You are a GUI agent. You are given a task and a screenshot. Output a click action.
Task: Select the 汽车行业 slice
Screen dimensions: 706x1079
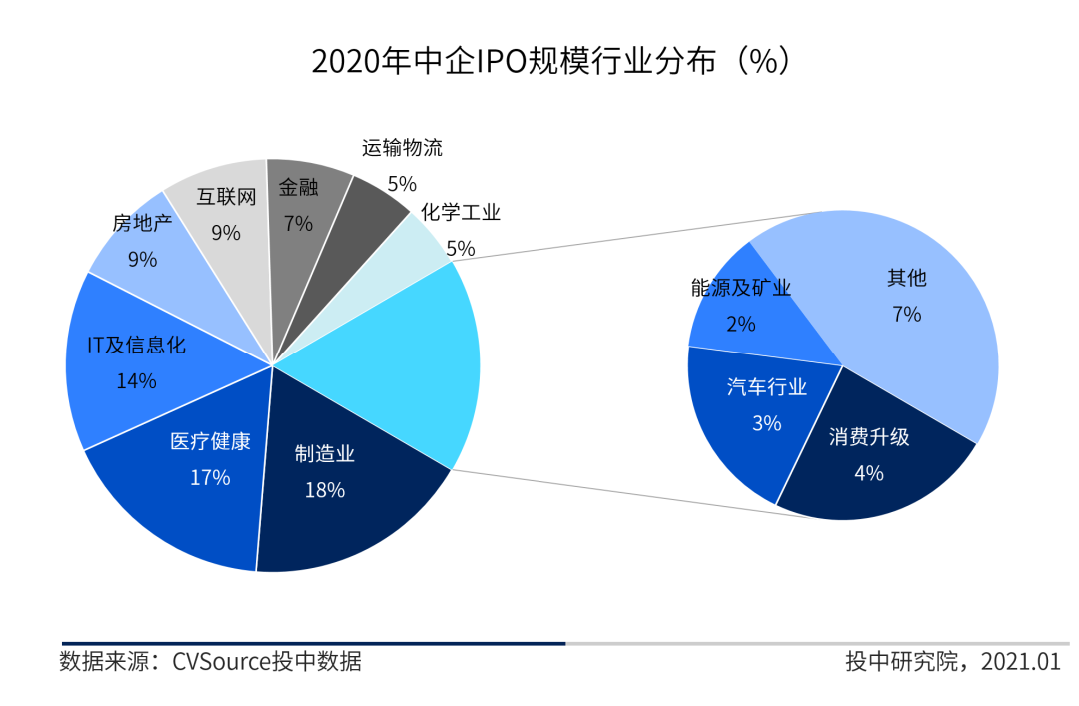tap(759, 419)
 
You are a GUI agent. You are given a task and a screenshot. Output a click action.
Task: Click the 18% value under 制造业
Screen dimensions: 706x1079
tap(325, 490)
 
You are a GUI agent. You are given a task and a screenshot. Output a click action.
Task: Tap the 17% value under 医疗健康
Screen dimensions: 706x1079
tap(210, 478)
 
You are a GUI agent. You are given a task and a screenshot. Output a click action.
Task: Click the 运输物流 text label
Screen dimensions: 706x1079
tap(402, 149)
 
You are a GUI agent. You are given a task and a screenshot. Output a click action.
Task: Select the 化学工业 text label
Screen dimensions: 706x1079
tap(461, 213)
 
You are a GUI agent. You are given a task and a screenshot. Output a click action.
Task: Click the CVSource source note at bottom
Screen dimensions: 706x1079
tap(211, 662)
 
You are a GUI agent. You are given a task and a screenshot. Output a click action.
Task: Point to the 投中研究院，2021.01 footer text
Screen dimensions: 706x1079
tap(952, 662)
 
